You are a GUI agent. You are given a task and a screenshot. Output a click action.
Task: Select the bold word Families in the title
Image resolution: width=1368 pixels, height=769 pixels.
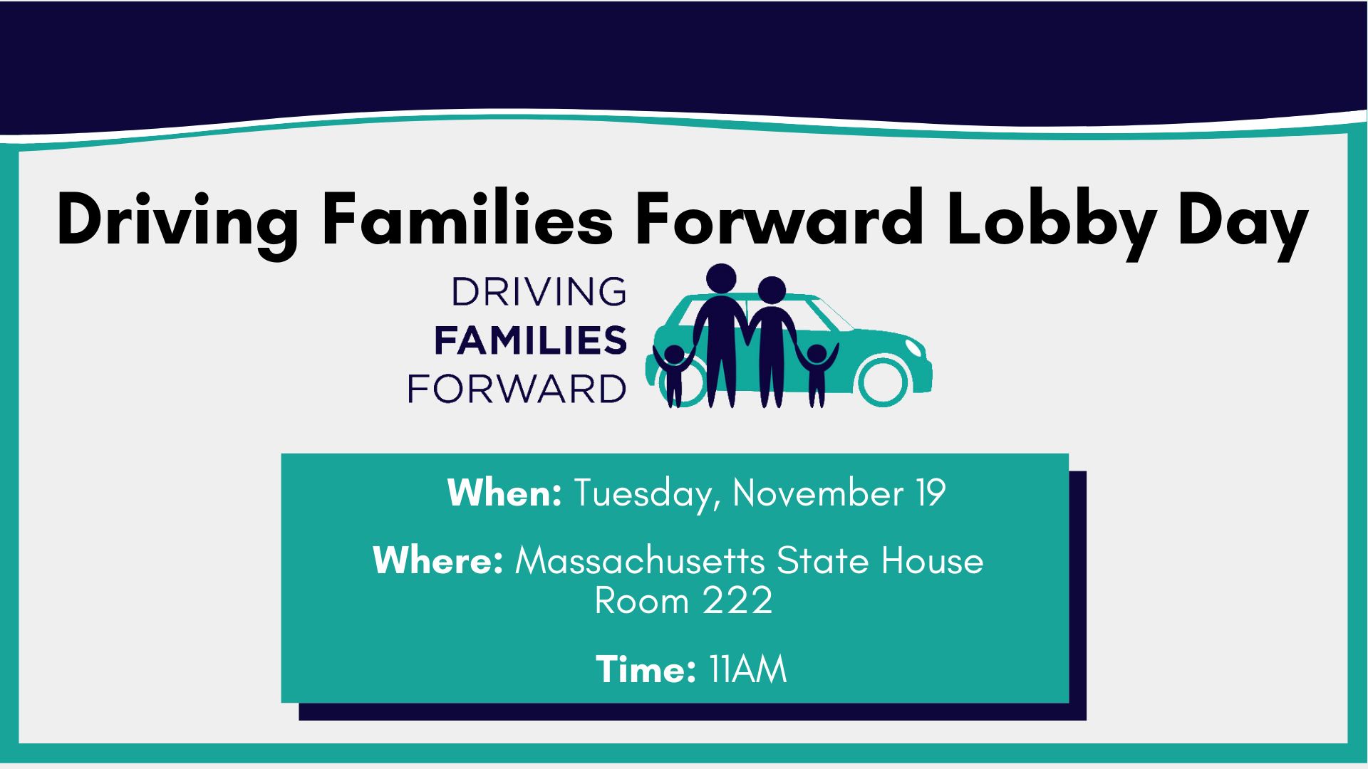pos(467,219)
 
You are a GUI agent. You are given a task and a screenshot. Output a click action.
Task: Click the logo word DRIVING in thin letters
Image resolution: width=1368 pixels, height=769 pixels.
pos(539,291)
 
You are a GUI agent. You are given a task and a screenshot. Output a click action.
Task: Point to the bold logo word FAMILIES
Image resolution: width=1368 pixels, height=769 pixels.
pos(531,340)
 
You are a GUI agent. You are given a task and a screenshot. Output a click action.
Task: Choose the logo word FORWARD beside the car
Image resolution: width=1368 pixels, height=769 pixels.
pos(517,389)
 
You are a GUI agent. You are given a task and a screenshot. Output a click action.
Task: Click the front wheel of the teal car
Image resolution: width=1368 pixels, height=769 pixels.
pos(883,380)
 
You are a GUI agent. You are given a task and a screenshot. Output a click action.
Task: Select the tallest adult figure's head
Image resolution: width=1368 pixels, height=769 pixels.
pos(721,278)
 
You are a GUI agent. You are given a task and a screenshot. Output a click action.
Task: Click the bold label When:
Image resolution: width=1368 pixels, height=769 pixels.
pos(504,493)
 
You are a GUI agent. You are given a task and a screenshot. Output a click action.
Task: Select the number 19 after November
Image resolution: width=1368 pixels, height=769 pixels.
pos(931,493)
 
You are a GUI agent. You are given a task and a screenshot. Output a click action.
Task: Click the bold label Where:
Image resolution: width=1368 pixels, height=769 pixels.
pos(438,560)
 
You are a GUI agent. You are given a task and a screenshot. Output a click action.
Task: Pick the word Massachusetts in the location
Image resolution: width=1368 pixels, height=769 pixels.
pos(641,560)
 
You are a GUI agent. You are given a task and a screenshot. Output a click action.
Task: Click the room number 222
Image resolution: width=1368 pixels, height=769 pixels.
pos(737,600)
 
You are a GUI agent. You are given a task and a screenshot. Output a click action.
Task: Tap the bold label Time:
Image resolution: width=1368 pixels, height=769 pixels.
pos(646,669)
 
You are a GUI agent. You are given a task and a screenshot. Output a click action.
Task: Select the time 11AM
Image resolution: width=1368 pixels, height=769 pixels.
pos(748,669)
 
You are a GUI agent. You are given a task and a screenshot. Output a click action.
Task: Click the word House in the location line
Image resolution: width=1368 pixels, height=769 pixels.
pos(933,560)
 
